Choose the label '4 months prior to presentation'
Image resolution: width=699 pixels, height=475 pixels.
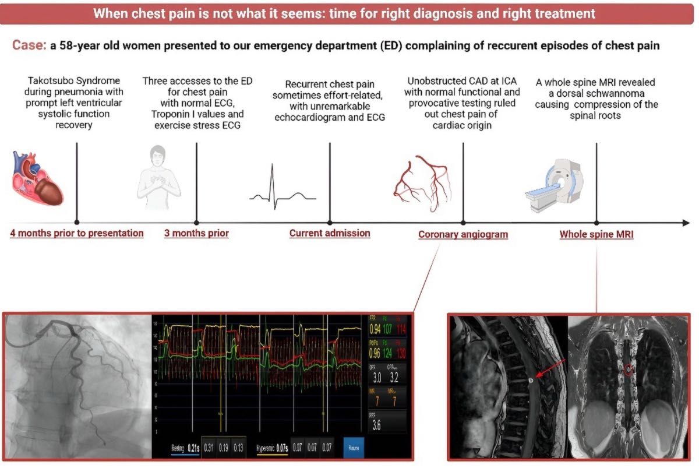76,233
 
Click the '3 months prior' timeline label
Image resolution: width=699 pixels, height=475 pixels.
196,233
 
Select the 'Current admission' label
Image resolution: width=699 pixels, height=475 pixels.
330,233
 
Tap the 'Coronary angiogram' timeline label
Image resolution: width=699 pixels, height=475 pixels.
463,234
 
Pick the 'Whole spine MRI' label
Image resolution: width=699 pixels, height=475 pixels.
596,234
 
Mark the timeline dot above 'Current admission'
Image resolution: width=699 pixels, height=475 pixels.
330,222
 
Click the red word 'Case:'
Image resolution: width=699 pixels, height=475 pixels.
29,45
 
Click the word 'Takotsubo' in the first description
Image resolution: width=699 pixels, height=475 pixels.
52,81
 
